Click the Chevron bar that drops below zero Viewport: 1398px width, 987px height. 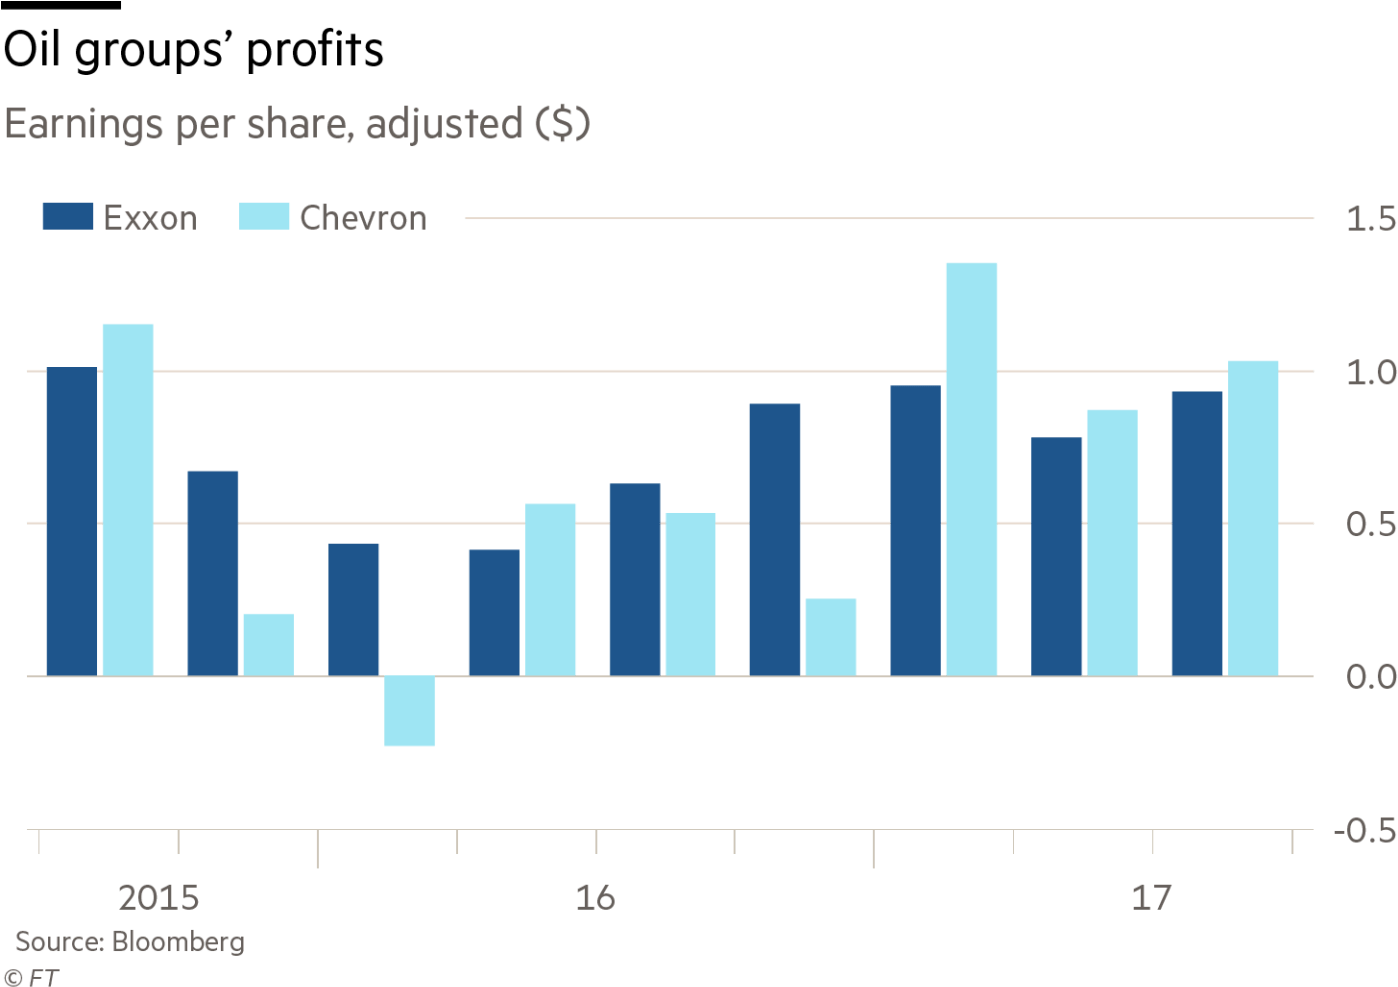pos(410,711)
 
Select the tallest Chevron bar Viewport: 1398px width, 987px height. pos(971,469)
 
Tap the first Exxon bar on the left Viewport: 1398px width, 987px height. pos(72,521)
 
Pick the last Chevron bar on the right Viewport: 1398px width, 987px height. pos(1253,517)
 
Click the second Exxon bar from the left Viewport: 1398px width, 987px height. pos(213,572)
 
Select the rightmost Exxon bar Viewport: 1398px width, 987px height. pos(1197,533)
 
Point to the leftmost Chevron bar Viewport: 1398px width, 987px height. pos(128,499)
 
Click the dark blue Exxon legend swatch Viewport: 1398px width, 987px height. pos(67,217)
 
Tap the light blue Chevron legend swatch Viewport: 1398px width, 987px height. pos(264,217)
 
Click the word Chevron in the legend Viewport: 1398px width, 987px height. pos(363,218)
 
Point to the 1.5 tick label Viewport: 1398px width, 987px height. pos(1370,219)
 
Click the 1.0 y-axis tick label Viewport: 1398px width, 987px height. pos(1370,373)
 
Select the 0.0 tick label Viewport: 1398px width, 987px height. pos(1370,677)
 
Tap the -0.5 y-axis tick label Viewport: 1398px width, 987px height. pos(1365,831)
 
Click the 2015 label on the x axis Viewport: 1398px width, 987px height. pos(158,897)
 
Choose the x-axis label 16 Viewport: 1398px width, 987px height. pos(595,897)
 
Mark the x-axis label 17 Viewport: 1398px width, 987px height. pos(1151,897)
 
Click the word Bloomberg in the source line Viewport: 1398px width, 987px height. pos(178,942)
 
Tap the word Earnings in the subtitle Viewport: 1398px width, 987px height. pos(84,125)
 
